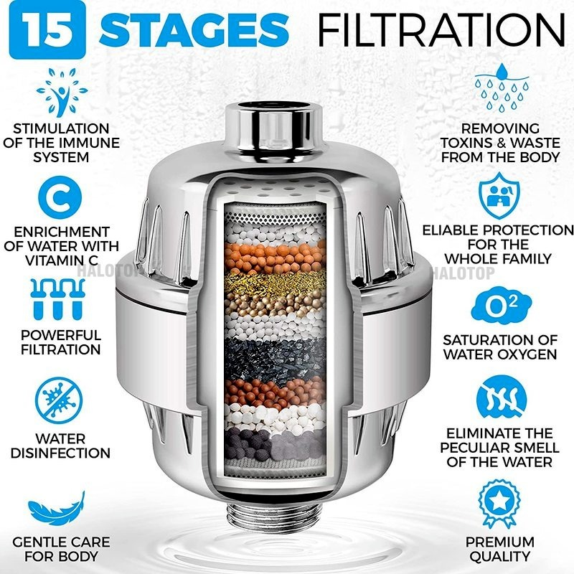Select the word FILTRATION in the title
[x=441, y=29]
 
